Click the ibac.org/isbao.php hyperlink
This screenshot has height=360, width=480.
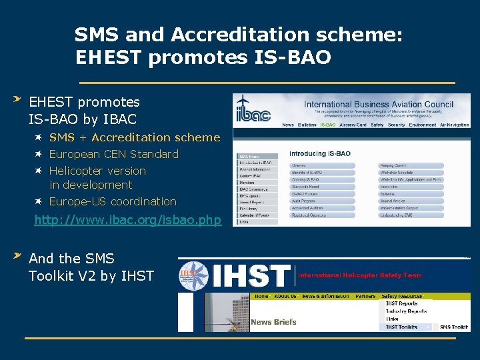pos(127,219)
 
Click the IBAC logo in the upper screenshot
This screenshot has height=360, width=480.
pos(253,111)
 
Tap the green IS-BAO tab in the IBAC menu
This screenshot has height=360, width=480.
pos(327,125)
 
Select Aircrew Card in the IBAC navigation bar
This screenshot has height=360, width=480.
pos(353,125)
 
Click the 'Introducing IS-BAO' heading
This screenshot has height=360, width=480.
pos(320,154)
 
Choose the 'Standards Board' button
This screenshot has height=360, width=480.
pos(305,187)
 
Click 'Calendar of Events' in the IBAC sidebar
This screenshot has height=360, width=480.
pos(254,215)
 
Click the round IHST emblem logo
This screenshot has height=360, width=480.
pos(189,275)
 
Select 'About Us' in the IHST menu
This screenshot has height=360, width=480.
pos(285,296)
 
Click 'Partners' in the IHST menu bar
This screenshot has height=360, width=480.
pos(365,296)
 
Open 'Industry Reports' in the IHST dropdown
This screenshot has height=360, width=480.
pos(406,311)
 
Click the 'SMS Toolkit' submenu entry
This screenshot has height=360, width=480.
pos(453,327)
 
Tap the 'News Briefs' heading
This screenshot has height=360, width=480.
pos(273,322)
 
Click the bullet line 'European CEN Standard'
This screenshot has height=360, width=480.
pos(114,154)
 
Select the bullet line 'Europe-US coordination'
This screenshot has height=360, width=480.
pos(113,201)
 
